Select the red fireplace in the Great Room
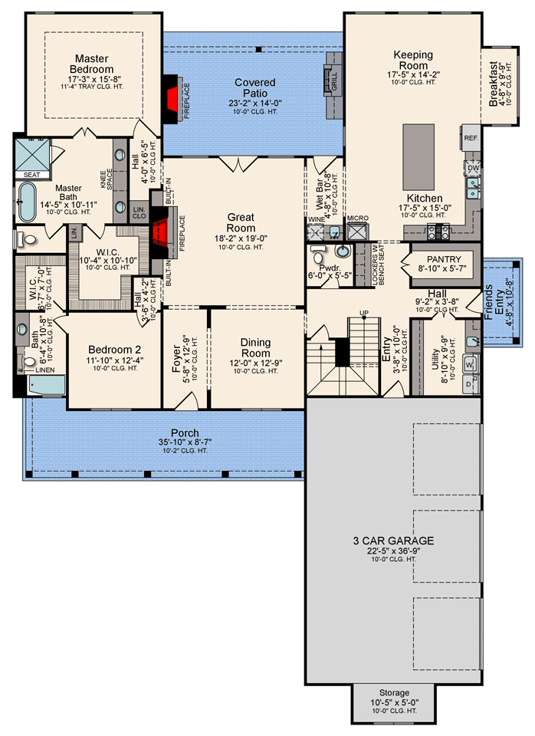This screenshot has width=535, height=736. [159, 231]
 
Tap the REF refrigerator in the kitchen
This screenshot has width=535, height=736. [471, 138]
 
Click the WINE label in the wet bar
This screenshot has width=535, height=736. [317, 219]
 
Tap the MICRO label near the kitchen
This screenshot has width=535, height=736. [358, 219]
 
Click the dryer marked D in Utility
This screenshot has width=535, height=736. [469, 381]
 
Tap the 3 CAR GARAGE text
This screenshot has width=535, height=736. [394, 540]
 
